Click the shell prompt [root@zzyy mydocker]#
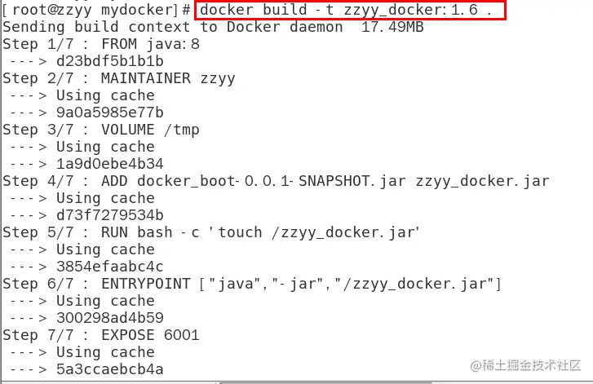[x=96, y=10]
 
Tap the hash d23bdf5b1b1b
[x=110, y=61]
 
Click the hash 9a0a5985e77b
[x=110, y=113]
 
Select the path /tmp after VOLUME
[x=182, y=130]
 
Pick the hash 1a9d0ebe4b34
[x=110, y=164]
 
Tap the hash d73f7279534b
[x=110, y=215]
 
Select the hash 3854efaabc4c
[x=110, y=267]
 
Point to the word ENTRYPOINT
[x=146, y=284]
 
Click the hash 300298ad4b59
[x=110, y=318]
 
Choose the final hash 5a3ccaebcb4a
[x=110, y=369]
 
